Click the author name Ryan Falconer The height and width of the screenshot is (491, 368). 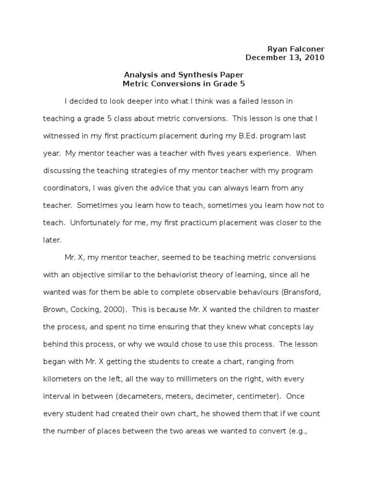click(295, 49)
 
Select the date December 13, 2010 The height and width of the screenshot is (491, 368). click(285, 58)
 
